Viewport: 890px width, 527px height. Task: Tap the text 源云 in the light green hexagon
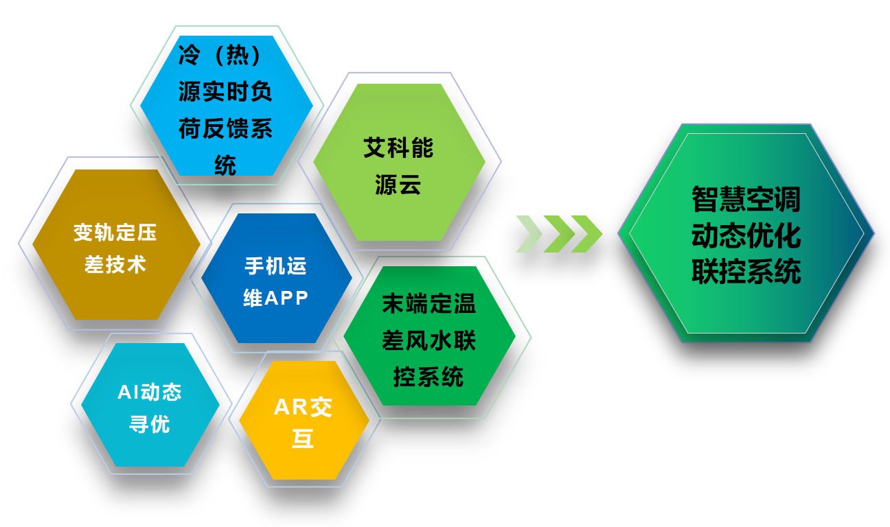(x=398, y=185)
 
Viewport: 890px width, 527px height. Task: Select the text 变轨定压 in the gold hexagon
(x=115, y=233)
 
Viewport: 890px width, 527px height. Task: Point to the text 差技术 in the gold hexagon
(x=115, y=264)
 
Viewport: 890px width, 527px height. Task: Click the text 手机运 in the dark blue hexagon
(x=275, y=266)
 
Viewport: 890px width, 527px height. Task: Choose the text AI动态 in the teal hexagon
(x=150, y=392)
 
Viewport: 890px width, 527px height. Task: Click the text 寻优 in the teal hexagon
(x=150, y=424)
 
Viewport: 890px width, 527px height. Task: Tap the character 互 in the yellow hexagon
(x=302, y=439)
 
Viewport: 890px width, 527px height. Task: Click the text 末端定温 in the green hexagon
(x=429, y=304)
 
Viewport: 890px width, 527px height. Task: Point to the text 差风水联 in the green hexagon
(x=429, y=340)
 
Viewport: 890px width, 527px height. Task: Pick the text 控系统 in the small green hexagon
(x=429, y=376)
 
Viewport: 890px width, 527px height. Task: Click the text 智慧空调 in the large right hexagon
(x=746, y=200)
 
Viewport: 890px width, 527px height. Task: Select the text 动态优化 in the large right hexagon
(x=746, y=236)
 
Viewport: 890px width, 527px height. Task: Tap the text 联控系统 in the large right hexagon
(x=746, y=272)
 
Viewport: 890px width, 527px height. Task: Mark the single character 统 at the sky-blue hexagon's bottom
(x=225, y=165)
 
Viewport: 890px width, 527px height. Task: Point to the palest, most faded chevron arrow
(x=529, y=233)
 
